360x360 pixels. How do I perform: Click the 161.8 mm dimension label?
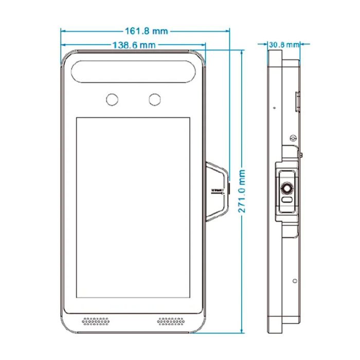coord(146,31)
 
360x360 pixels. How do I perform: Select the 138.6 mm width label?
coord(134,45)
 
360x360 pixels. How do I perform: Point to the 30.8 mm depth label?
coord(284,45)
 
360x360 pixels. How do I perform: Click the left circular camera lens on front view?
coord(111,99)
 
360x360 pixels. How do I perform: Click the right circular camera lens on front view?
coord(154,99)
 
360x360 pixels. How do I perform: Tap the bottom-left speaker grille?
coord(96,321)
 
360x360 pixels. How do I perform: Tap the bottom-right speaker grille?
coord(171,321)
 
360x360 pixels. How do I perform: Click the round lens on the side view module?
coord(287,189)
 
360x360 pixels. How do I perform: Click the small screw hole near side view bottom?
coord(294,281)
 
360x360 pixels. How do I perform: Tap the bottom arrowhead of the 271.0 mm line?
coord(243,330)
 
